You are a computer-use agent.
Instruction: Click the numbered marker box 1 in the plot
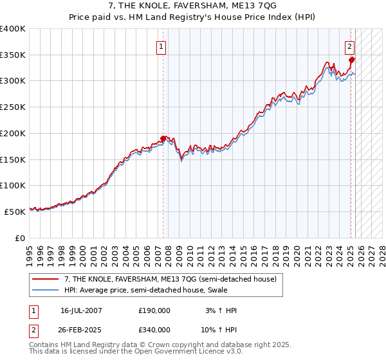tap(160, 46)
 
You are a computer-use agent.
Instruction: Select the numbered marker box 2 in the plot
tap(349, 46)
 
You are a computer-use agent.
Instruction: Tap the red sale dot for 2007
tap(163, 138)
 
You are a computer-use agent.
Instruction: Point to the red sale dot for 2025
tap(351, 60)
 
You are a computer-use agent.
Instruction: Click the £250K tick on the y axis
tap(13, 107)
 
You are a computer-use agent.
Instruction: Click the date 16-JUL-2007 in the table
tap(81, 310)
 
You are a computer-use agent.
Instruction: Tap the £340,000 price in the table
tap(154, 329)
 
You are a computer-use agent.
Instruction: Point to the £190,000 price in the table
tap(154, 310)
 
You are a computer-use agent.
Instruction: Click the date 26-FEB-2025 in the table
tap(81, 329)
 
